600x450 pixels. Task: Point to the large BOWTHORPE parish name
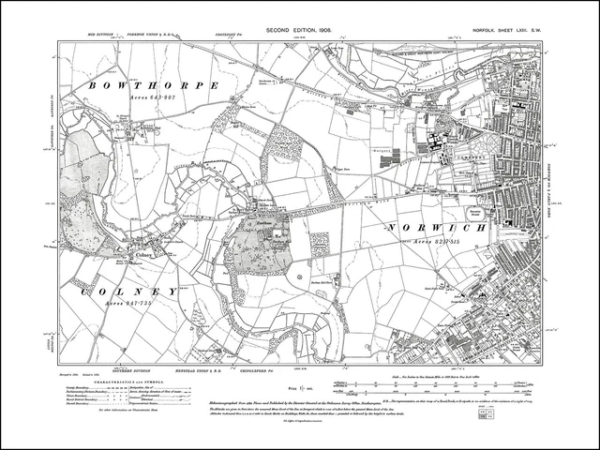click(x=154, y=84)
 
